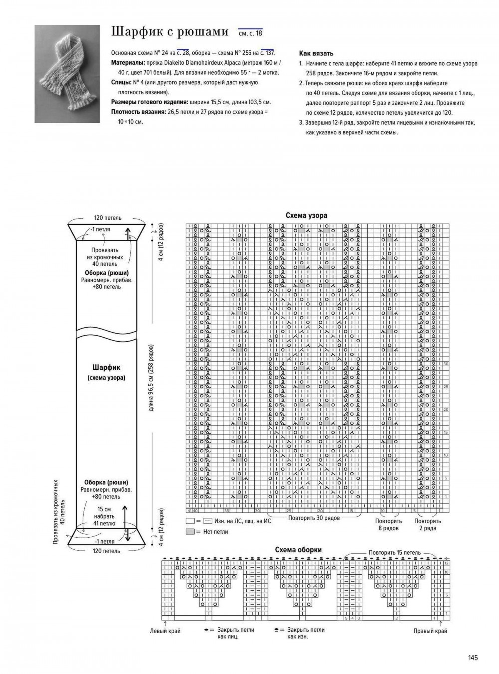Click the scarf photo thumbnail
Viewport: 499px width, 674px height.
(67, 74)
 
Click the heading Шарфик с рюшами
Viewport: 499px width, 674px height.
(169, 32)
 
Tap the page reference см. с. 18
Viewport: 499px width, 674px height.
(250, 33)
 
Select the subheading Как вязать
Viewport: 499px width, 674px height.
(316, 53)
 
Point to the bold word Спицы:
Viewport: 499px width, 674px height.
(121, 82)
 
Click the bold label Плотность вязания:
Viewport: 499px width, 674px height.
(138, 112)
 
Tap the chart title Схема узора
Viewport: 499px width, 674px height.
(306, 216)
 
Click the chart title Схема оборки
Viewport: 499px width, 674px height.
(298, 550)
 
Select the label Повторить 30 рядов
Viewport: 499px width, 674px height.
(314, 518)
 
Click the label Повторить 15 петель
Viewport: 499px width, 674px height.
(394, 553)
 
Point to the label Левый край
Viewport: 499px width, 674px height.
(165, 631)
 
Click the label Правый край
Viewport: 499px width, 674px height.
(430, 631)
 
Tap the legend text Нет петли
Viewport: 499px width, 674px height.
(215, 532)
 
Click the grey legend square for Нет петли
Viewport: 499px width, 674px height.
(190, 532)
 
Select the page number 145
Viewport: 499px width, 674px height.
(473, 658)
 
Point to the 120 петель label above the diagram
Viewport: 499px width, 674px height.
(108, 218)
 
